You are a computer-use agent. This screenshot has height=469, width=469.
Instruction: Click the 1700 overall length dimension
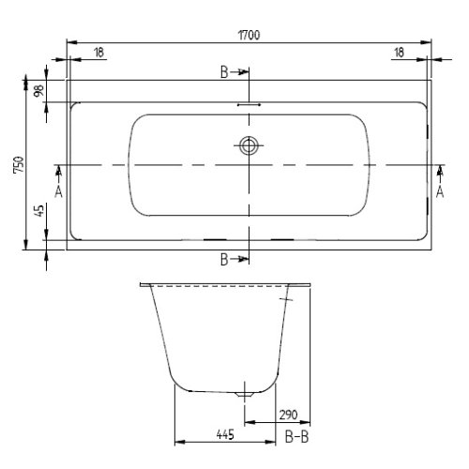click(249, 35)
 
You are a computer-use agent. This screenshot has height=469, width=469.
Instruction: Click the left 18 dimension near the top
click(98, 53)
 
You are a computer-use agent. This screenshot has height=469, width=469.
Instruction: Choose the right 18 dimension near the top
click(399, 53)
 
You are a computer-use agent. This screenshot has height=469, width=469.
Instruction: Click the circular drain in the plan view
click(250, 145)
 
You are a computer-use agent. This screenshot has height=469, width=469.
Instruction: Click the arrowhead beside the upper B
click(243, 71)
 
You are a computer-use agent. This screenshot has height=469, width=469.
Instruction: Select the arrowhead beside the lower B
click(243, 258)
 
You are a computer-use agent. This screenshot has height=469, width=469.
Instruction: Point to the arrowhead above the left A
click(58, 171)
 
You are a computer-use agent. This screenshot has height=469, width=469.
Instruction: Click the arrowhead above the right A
click(439, 171)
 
